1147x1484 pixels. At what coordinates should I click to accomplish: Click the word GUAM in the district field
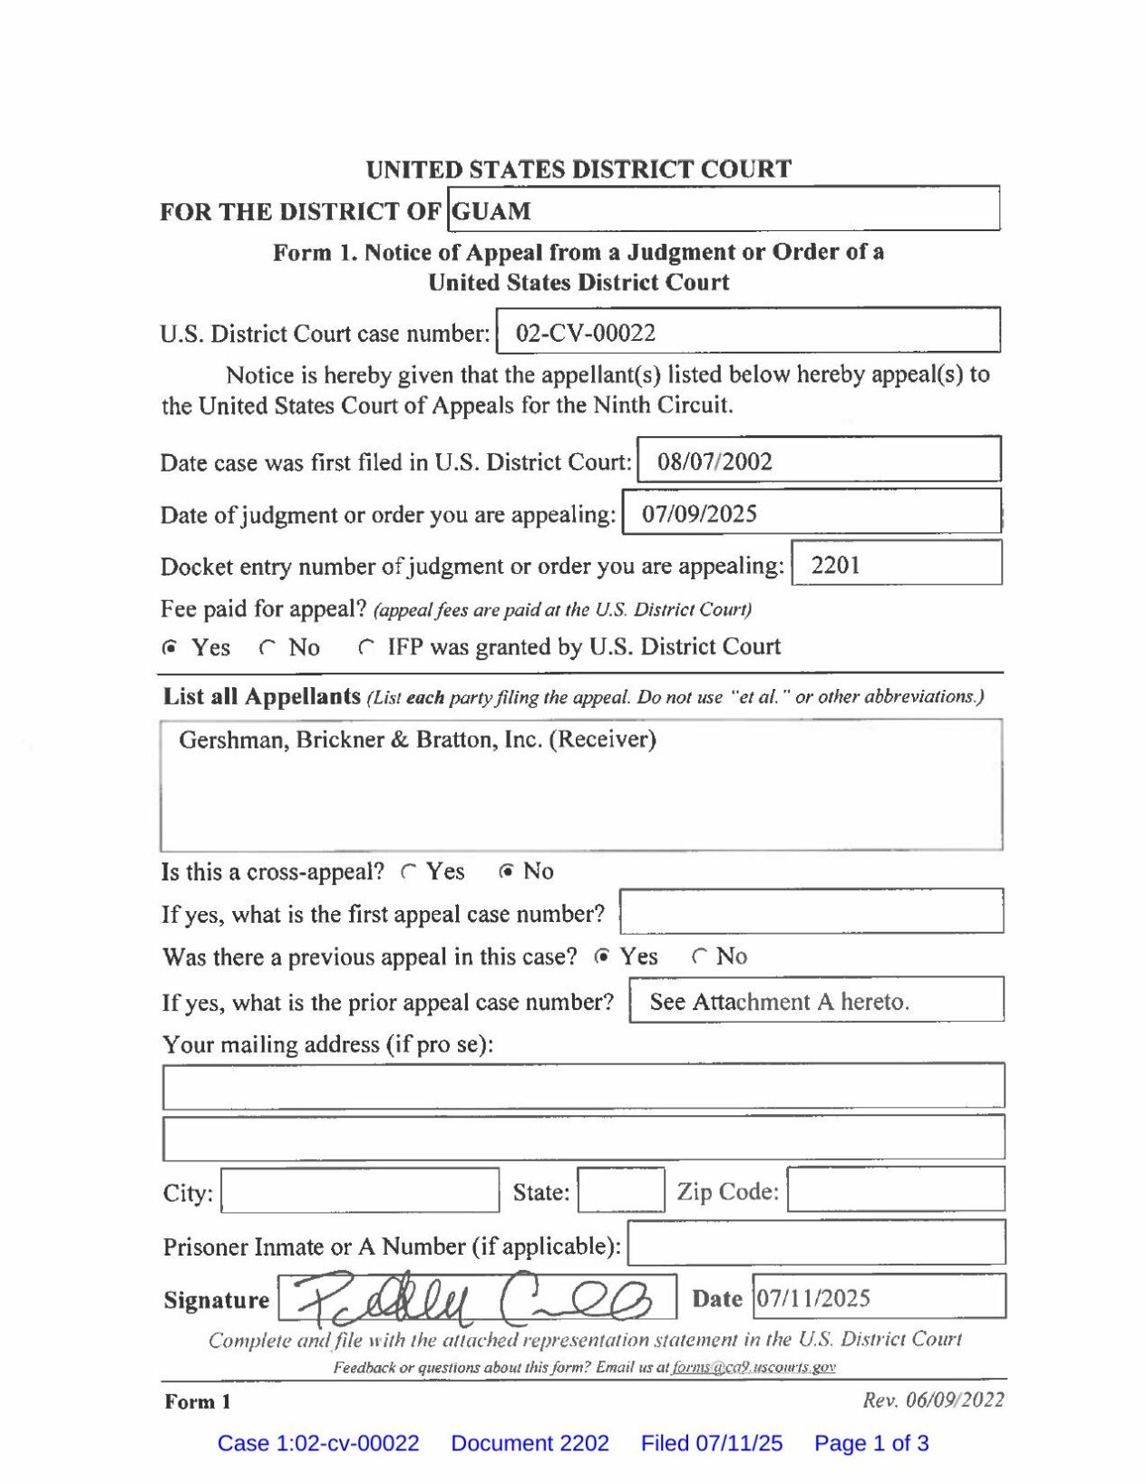click(491, 211)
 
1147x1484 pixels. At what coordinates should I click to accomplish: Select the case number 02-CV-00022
click(585, 333)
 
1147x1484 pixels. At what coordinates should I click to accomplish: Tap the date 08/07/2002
click(714, 461)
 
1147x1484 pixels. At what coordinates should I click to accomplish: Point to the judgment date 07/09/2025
click(699, 514)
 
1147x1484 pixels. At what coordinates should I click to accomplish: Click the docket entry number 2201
click(835, 565)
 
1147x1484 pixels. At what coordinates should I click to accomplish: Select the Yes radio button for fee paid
click(170, 647)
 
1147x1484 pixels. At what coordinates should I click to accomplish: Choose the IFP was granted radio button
click(365, 647)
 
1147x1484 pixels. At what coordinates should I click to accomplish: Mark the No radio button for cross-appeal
click(507, 871)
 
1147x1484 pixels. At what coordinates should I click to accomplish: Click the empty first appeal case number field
click(812, 911)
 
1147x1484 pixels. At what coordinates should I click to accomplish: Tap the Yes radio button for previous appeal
click(602, 956)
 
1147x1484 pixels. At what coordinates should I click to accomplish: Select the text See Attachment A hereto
click(779, 1002)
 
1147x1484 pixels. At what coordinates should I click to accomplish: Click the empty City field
click(360, 1190)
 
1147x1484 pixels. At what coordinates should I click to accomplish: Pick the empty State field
click(621, 1190)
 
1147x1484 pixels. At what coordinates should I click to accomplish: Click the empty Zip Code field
click(895, 1189)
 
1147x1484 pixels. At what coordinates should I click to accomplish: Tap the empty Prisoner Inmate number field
click(816, 1243)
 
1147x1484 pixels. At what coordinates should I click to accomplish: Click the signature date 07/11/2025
click(813, 1298)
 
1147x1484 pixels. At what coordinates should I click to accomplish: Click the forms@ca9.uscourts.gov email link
click(753, 1367)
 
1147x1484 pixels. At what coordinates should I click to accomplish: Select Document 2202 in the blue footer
click(530, 1443)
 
